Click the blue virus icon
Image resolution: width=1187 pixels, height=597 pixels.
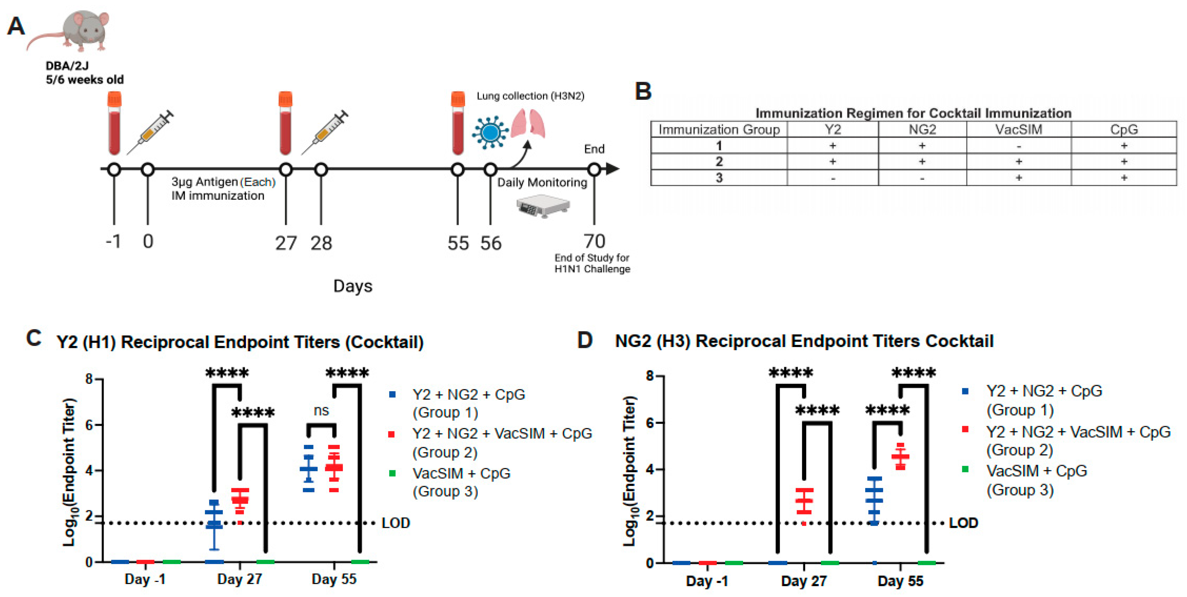tap(490, 132)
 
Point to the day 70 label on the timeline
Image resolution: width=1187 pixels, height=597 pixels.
tap(594, 241)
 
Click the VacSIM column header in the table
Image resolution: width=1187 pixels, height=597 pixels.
tap(1018, 129)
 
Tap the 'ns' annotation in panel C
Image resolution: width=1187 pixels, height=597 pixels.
tap(321, 410)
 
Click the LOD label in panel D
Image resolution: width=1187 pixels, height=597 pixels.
tap(964, 523)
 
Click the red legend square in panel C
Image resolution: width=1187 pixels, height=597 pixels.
tap(392, 434)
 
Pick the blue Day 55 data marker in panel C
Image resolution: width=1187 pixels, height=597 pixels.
tap(308, 469)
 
